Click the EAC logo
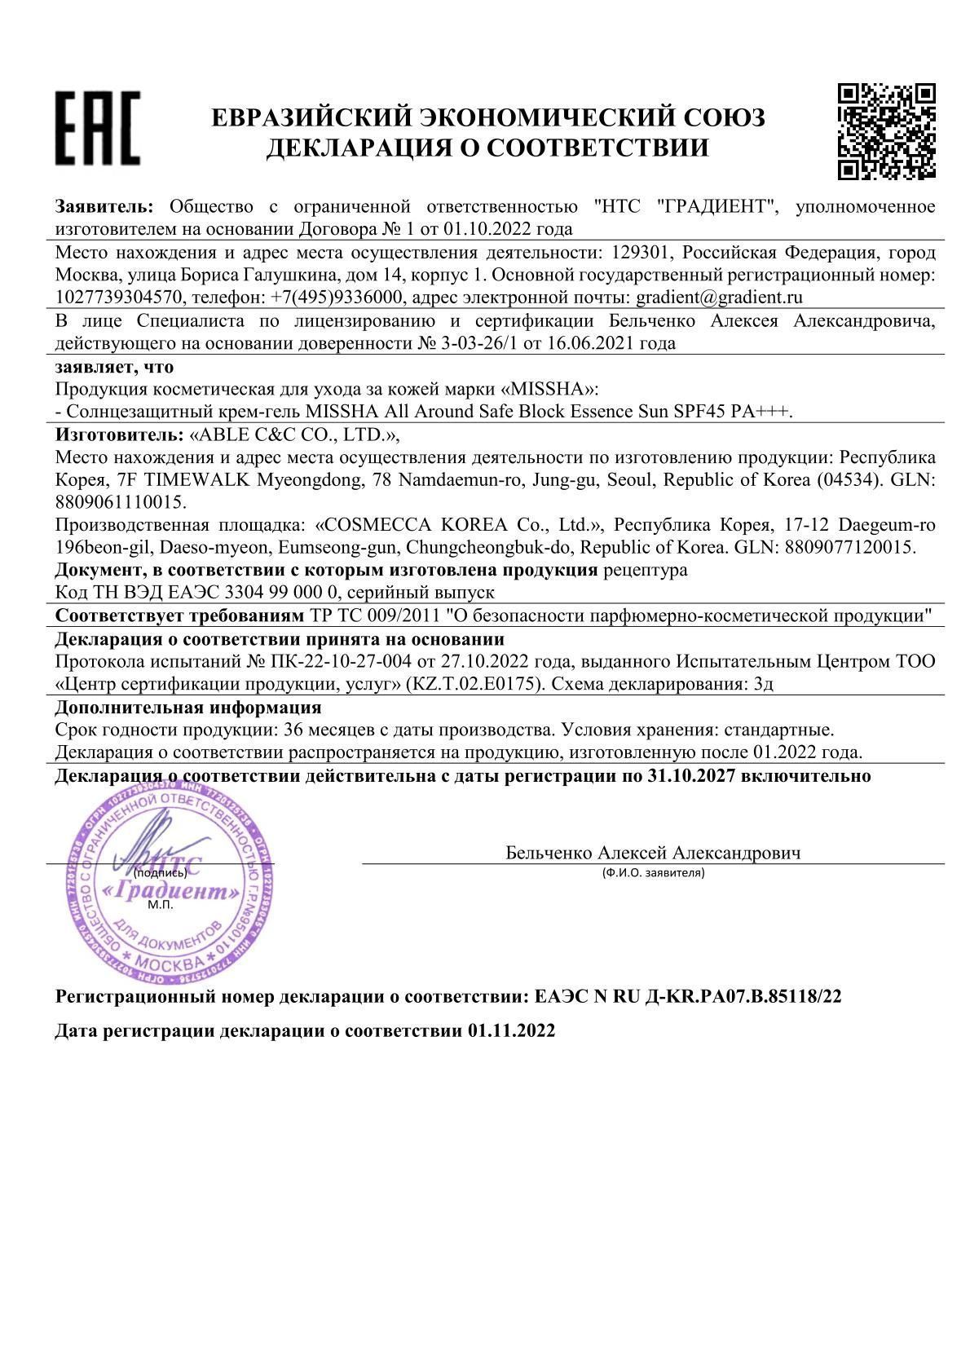pyautogui.click(x=97, y=127)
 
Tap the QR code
pyautogui.click(x=886, y=130)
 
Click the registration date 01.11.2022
pyautogui.click(x=511, y=1030)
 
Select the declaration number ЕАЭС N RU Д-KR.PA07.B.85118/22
pyautogui.click(x=686, y=996)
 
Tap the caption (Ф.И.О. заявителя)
pyautogui.click(x=653, y=873)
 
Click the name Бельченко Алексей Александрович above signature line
pyautogui.click(x=653, y=853)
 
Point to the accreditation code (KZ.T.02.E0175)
pyautogui.click(x=474, y=684)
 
